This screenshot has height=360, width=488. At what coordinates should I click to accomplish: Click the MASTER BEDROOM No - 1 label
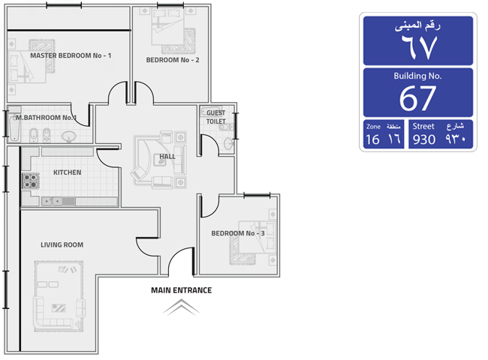click(x=71, y=55)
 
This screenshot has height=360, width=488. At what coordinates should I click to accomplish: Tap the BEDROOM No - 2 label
click(x=173, y=60)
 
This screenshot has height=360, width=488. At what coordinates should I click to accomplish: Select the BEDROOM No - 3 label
click(x=238, y=233)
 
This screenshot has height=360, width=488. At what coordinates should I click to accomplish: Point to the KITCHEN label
click(x=68, y=172)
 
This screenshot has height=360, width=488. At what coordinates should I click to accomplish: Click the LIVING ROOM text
click(x=62, y=245)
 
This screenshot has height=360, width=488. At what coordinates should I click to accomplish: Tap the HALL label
click(x=167, y=157)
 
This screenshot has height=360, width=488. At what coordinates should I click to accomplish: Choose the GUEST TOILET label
click(x=216, y=117)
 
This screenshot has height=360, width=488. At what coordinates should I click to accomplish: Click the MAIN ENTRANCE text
click(x=182, y=290)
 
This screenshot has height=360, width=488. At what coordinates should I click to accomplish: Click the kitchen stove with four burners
click(x=31, y=181)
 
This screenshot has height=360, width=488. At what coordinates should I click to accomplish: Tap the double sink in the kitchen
click(x=52, y=202)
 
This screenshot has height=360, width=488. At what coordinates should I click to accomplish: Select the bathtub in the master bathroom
click(x=14, y=127)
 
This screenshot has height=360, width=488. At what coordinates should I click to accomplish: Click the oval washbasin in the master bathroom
click(x=69, y=136)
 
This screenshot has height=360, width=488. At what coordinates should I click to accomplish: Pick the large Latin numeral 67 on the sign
click(x=417, y=98)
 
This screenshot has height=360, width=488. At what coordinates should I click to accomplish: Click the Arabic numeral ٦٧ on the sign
click(x=419, y=46)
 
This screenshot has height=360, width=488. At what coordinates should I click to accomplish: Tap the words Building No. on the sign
click(x=417, y=76)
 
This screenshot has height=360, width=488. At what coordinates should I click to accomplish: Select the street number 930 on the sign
click(x=424, y=139)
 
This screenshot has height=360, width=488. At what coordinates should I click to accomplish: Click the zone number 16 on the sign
click(x=372, y=139)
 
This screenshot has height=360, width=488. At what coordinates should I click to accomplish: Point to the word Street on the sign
click(x=423, y=126)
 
